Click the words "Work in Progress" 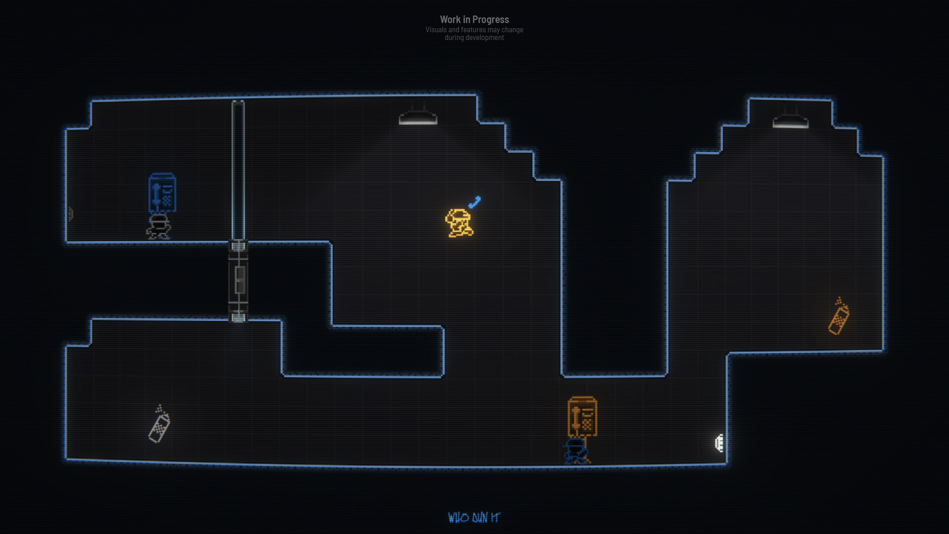pos(474,19)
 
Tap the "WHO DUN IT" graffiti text pos(474,518)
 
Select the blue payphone pos(162,193)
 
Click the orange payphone pos(582,416)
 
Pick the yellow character pos(459,223)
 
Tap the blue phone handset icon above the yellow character pos(474,202)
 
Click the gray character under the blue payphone pos(159,227)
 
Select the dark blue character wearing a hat pos(576,451)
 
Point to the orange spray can pos(839,316)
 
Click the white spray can pos(159,424)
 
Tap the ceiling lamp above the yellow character pos(418,116)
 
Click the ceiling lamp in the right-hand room pos(790,119)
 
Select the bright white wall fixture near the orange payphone pos(720,443)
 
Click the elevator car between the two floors pos(238,281)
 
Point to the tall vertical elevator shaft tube pos(238,170)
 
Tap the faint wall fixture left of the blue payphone pos(71,214)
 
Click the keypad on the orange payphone pos(587,424)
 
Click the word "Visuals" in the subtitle pos(436,30)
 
